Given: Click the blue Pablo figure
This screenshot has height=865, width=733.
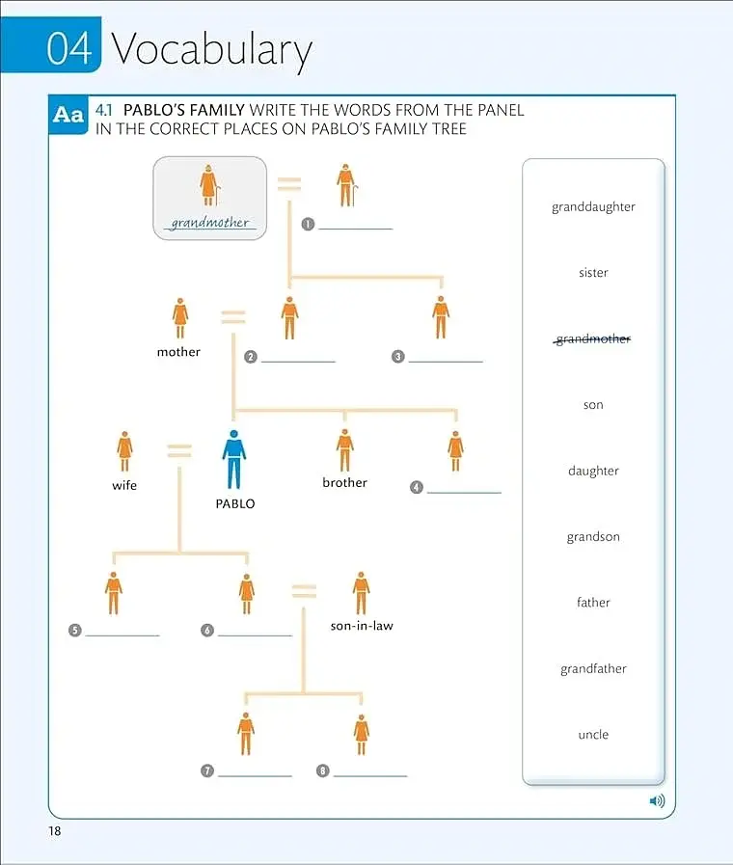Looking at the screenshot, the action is [233, 460].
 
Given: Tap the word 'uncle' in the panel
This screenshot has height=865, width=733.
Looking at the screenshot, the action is [593, 734].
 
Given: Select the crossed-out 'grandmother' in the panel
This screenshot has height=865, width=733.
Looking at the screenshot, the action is [592, 338].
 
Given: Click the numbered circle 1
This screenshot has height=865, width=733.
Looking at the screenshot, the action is [308, 224].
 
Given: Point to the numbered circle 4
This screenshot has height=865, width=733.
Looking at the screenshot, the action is [417, 487].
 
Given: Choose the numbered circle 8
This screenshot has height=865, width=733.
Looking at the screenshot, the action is [323, 770].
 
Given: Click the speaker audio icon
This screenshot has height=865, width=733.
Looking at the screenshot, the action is [657, 800].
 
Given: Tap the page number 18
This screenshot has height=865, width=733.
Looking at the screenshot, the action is [55, 831].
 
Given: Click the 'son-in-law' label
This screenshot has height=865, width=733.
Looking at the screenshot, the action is [362, 626].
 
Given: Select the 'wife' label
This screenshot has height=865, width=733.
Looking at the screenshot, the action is [124, 485].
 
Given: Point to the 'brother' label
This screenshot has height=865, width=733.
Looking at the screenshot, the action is [344, 483].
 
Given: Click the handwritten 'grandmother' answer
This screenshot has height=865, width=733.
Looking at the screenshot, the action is [209, 223].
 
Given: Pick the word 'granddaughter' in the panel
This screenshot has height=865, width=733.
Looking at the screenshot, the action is [593, 207].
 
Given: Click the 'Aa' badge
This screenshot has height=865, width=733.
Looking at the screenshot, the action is [68, 115].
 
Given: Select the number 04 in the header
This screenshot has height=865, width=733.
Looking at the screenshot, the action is [68, 48].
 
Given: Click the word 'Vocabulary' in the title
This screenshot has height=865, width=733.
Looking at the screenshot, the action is [212, 50].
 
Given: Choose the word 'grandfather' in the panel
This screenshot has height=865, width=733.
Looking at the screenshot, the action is [593, 668].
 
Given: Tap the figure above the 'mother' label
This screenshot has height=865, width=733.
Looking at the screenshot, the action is [179, 318].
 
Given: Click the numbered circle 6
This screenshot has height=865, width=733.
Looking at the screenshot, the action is [206, 630].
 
